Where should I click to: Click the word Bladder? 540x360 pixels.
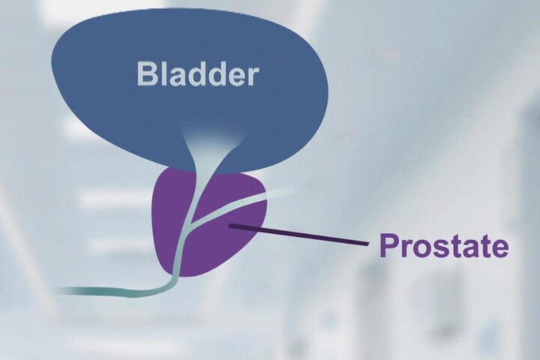(197, 73)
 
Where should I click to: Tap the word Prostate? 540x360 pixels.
(443, 246)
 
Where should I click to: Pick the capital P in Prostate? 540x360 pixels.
(389, 245)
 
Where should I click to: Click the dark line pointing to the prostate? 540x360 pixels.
(299, 235)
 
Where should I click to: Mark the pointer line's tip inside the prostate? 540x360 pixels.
(229, 225)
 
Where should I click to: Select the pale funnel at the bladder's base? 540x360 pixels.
(211, 148)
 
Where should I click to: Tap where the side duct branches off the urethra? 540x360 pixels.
(190, 223)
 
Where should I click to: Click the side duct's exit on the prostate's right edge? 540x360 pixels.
(265, 196)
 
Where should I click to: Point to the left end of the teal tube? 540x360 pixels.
(61, 291)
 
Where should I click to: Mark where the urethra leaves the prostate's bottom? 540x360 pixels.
(175, 275)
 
